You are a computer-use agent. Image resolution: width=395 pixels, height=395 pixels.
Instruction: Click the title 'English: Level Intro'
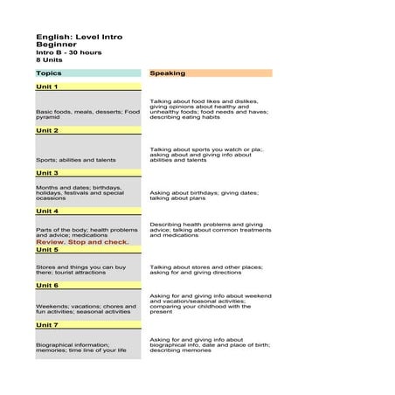click(79, 37)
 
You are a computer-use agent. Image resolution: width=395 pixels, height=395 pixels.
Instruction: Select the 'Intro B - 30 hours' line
click(68, 52)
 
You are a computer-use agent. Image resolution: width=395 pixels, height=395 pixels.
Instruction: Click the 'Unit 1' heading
click(47, 87)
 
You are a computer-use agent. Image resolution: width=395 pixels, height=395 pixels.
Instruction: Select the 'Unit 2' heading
click(47, 130)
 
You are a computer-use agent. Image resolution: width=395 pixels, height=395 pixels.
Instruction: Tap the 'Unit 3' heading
click(47, 173)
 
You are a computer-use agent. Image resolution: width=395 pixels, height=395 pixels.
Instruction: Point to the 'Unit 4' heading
click(47, 211)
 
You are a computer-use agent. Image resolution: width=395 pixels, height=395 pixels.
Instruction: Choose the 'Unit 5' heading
click(47, 250)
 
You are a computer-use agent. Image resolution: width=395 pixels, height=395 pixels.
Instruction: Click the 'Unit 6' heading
click(47, 286)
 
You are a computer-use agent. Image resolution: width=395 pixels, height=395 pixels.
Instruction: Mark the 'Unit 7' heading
click(47, 325)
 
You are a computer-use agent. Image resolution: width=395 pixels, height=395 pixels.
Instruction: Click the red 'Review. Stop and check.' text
click(82, 242)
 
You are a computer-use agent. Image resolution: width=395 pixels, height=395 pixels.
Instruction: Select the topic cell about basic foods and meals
click(87, 114)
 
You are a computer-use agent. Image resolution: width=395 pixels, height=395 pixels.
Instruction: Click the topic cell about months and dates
click(80, 195)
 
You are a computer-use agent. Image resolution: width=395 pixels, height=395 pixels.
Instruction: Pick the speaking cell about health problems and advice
click(206, 229)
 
